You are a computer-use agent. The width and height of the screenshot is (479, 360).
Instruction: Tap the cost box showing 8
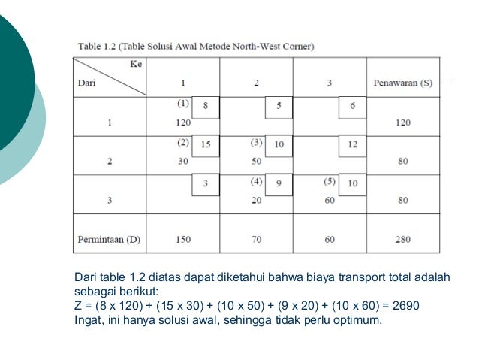pos(206,107)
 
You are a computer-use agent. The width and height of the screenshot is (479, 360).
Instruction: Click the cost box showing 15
pos(206,144)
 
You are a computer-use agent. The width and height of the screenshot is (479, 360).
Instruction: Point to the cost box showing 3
pos(206,183)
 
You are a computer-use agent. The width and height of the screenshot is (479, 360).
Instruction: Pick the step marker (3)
pos(256,141)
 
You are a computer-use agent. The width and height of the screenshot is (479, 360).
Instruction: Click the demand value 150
pos(182,240)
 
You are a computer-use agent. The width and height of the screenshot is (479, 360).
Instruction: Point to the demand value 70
pos(256,240)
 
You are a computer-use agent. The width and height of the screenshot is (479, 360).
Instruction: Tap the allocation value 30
pos(182,160)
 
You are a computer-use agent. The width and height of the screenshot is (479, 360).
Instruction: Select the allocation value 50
pos(256,160)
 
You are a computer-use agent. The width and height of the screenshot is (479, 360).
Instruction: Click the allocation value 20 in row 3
pos(256,200)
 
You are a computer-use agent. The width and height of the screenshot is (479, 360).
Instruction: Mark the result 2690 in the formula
pos(405,306)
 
